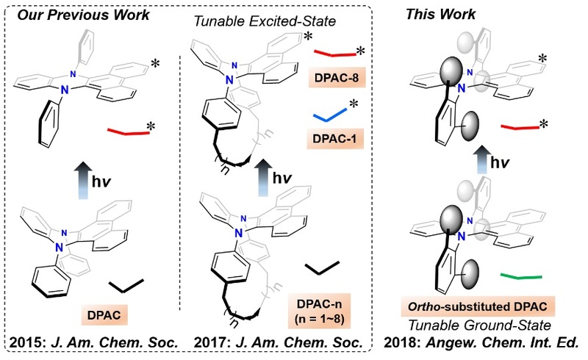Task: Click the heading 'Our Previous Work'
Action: click(x=85, y=15)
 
